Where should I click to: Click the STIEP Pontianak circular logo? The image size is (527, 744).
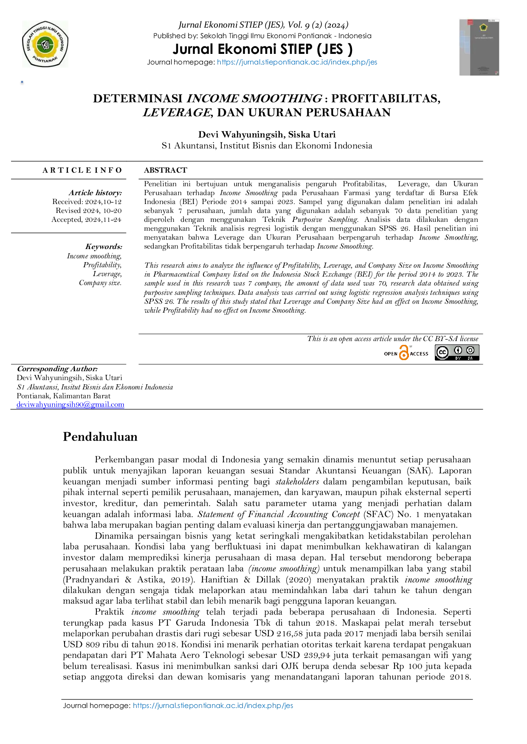[x=45, y=44]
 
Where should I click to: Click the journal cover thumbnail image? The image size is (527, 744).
[x=479, y=47]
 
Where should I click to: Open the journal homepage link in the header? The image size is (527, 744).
[x=297, y=62]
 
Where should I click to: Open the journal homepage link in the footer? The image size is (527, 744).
[x=213, y=705]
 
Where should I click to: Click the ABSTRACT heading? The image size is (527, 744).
[x=166, y=170]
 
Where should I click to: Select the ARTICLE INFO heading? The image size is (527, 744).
[x=82, y=170]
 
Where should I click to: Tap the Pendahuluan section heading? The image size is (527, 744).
[x=100, y=436]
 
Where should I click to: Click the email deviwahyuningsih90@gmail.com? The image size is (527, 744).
[x=70, y=404]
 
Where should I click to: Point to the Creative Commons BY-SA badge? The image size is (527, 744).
[x=457, y=352]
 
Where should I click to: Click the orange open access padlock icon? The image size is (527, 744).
[x=404, y=353]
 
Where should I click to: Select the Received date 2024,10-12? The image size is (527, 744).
[x=103, y=201]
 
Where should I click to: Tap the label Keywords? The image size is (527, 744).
[x=104, y=246]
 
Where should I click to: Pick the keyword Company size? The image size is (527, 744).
[x=100, y=282]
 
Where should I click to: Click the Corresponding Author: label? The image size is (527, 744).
[x=57, y=369]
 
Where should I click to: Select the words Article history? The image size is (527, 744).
[x=96, y=193]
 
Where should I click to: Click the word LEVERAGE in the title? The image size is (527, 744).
[x=177, y=112]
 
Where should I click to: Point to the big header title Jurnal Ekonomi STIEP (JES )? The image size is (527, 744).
[x=262, y=49]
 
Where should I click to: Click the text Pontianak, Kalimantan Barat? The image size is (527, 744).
[x=64, y=396]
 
